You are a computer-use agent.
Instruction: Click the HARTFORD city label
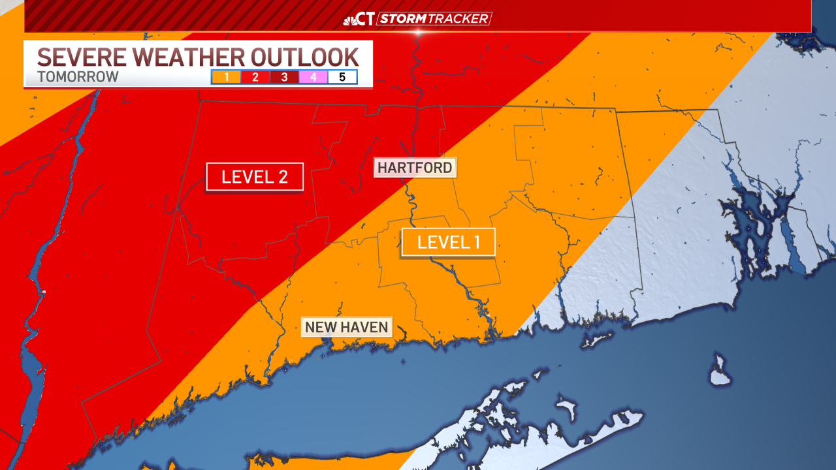coord(415,168)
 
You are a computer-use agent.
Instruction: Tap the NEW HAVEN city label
coord(346,326)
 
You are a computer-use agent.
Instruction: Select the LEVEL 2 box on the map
coord(255,176)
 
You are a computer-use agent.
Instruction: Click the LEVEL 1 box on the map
coord(448,242)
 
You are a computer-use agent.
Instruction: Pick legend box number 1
coord(226,77)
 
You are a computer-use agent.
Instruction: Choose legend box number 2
coord(255,77)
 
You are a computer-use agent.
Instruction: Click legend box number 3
coord(284,77)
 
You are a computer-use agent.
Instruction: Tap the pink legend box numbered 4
coord(313,77)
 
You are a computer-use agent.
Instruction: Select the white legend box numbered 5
coord(342,77)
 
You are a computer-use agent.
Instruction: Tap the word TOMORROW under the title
coord(78,76)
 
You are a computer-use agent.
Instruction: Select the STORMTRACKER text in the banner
coord(434,19)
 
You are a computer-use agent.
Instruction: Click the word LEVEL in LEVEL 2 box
coord(243,176)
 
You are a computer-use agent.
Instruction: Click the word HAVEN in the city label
coord(366,326)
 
